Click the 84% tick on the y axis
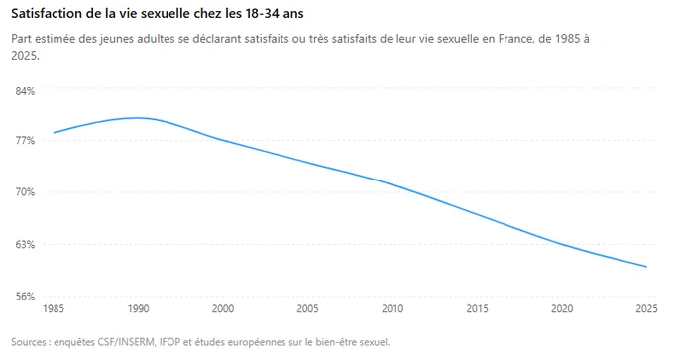click(x=25, y=91)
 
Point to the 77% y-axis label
click(x=25, y=141)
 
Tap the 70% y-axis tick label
click(x=25, y=192)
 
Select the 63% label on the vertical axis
click(x=25, y=244)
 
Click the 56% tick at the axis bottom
click(x=25, y=297)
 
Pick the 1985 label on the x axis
click(x=54, y=308)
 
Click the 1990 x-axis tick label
click(x=139, y=308)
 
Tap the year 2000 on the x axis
click(x=223, y=308)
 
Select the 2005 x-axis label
click(x=308, y=308)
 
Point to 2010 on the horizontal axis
click(x=393, y=308)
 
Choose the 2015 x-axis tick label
click(x=477, y=308)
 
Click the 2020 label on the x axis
click(x=562, y=308)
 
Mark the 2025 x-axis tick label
click(x=647, y=308)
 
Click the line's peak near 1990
click(x=138, y=118)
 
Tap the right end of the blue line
click(x=646, y=267)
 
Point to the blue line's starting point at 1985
click(x=54, y=133)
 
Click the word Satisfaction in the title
click(x=42, y=13)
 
